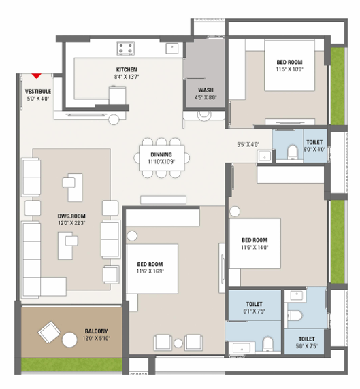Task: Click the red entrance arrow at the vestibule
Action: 37,76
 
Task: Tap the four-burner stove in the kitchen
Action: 126,48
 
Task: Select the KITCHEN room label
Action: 127,70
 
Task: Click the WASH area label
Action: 206,90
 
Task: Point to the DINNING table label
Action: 161,155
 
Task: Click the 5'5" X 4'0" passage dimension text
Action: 248,144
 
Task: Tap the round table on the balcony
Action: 69,340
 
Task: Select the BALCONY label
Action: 97,331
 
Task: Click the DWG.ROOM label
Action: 71,216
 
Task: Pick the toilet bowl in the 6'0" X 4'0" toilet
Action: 292,152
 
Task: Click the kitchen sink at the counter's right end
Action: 172,48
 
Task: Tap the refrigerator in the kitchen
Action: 117,95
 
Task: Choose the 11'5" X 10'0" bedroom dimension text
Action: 289,69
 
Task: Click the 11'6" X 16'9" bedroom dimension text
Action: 150,271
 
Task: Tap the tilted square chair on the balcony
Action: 49,332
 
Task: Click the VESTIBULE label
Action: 38,92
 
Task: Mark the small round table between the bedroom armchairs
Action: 178,343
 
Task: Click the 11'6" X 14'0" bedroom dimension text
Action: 255,248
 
